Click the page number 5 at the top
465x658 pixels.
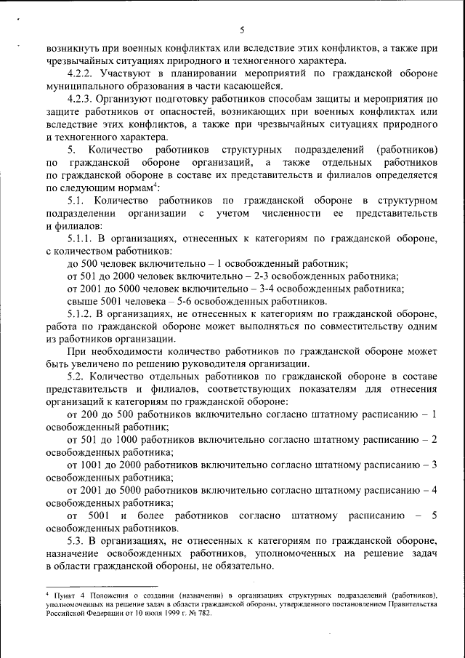[242, 29]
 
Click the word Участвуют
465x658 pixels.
[125, 73]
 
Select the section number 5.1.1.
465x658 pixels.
[81, 237]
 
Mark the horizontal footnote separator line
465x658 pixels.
[101, 585]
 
